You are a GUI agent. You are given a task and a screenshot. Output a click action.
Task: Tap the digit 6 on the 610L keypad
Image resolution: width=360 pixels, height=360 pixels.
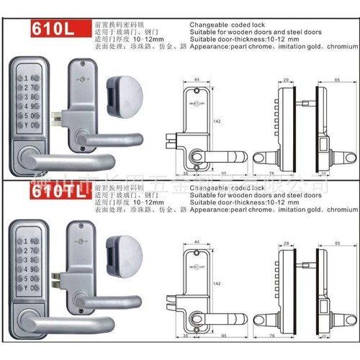(x=33, y=78)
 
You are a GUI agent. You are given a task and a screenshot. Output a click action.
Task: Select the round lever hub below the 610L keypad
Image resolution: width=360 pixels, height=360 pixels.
(x=28, y=155)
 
